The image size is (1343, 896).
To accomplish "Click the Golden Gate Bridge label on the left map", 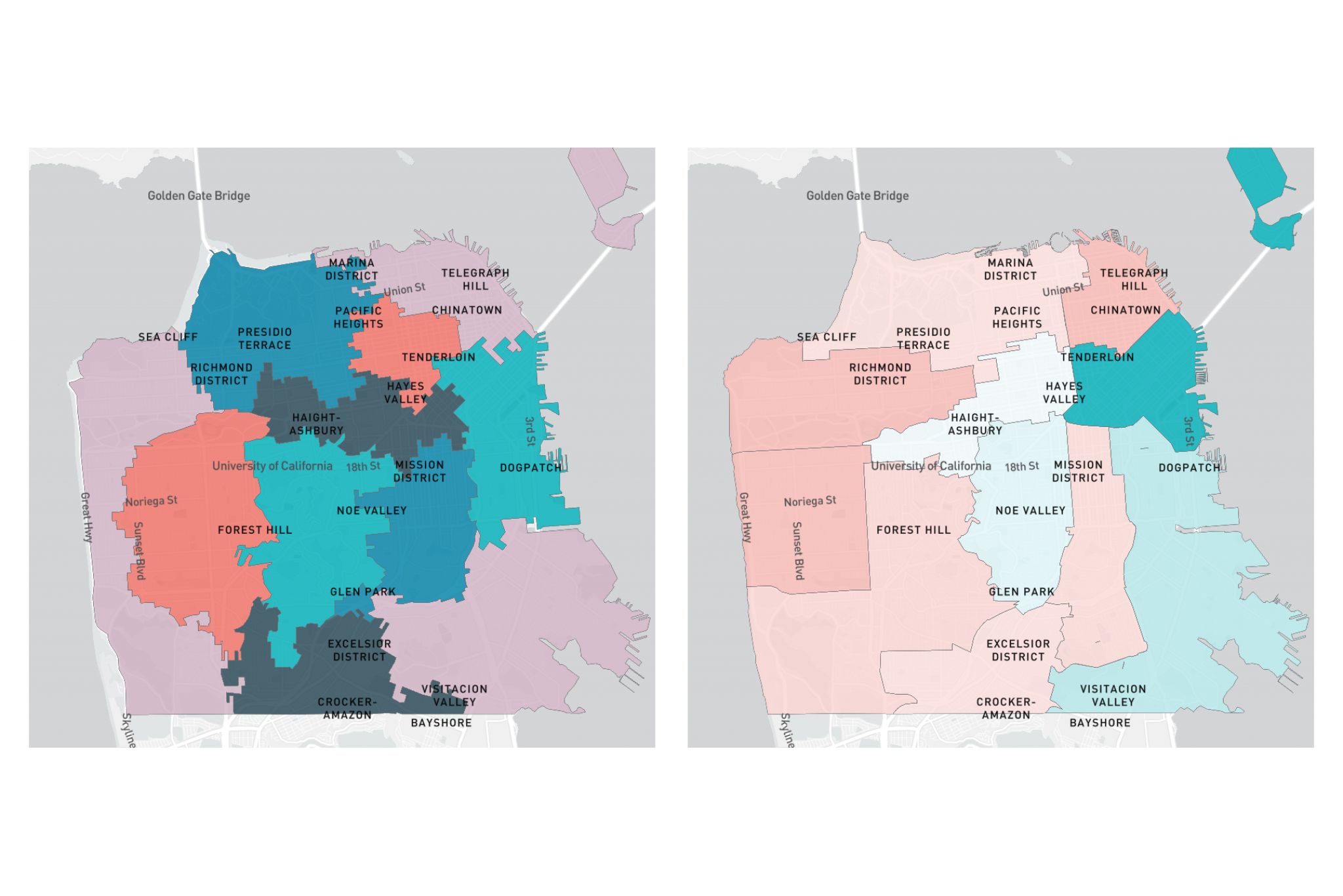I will coord(199,195).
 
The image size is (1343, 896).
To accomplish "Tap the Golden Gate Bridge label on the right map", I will coord(857,195).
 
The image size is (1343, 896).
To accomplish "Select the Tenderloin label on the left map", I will coord(438,357).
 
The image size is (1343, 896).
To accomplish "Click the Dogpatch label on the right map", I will coord(1189,468).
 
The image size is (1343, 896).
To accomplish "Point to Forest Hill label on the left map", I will coord(254,529).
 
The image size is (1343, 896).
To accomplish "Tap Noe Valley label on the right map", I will coord(1030,510).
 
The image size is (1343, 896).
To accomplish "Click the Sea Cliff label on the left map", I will coord(168,336).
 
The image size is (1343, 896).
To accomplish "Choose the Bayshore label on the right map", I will coord(1100,722).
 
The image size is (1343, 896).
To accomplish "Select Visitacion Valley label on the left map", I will coord(454,695).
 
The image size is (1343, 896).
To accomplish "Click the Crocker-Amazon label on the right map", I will coord(1006,708).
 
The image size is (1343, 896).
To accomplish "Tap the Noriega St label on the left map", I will coord(151,501).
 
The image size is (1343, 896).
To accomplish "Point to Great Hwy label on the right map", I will coord(745,517).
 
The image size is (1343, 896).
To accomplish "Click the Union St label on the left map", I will coord(404,289).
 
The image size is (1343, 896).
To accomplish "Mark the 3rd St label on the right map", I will coord(1188,431).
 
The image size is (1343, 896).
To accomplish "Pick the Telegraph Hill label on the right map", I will coord(1134,279).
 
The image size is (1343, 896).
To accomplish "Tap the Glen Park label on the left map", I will coord(363,592).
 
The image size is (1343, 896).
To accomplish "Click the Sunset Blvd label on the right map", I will coord(798,550).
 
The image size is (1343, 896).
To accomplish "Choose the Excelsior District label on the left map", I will coord(359,650).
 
